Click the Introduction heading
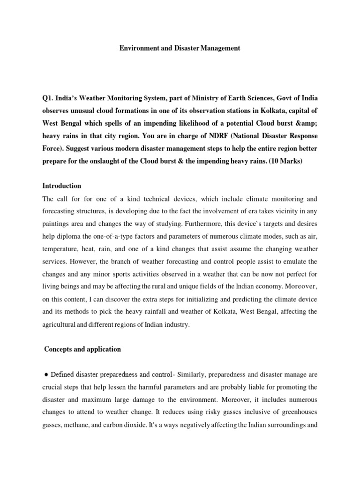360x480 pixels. point(61,186)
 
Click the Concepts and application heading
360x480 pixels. point(82,349)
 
